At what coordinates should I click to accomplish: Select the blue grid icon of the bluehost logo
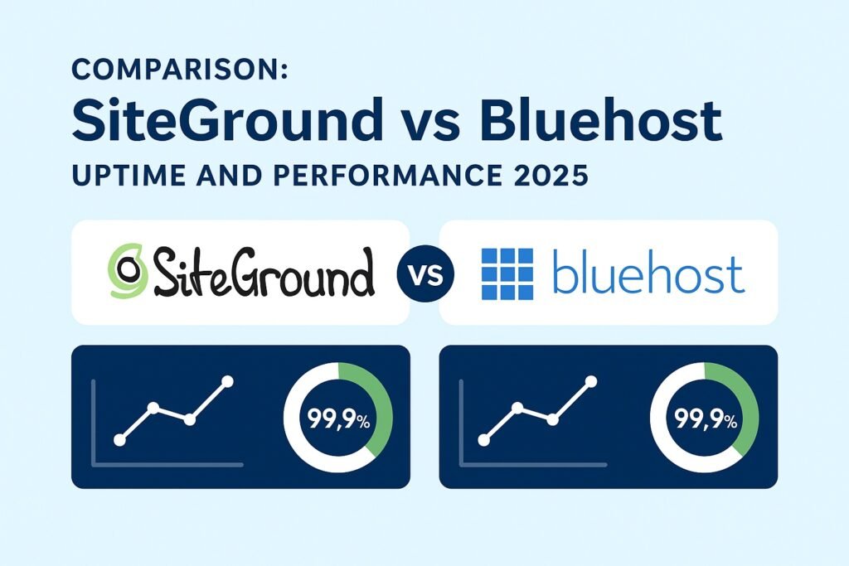pyautogui.click(x=507, y=272)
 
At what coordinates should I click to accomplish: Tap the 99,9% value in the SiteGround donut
pyautogui.click(x=338, y=419)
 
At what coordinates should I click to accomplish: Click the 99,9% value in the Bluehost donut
pyautogui.click(x=705, y=419)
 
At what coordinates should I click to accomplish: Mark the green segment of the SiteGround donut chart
pyautogui.click(x=382, y=406)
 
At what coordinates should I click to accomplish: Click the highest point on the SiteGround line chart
pyautogui.click(x=227, y=381)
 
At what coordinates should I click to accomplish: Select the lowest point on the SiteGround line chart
pyautogui.click(x=119, y=440)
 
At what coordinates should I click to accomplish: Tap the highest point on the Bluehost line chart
pyautogui.click(x=591, y=381)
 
